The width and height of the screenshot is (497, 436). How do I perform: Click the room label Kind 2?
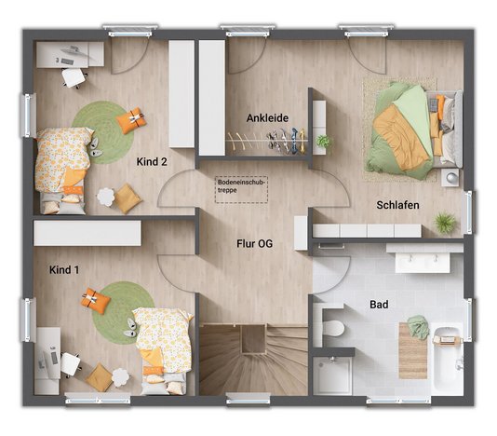[152, 161]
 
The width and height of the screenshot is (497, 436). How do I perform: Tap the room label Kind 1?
[64, 270]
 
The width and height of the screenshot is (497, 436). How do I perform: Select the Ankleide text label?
[267, 118]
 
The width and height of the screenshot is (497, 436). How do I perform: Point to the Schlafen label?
[397, 204]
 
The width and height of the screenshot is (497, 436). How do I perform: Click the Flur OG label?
[253, 246]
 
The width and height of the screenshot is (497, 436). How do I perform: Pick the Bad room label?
[379, 304]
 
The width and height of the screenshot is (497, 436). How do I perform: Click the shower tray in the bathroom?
[332, 375]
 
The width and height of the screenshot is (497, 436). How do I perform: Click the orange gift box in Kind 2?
[132, 118]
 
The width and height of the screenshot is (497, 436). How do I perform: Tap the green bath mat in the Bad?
[417, 327]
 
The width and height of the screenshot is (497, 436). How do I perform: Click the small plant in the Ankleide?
[324, 142]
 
